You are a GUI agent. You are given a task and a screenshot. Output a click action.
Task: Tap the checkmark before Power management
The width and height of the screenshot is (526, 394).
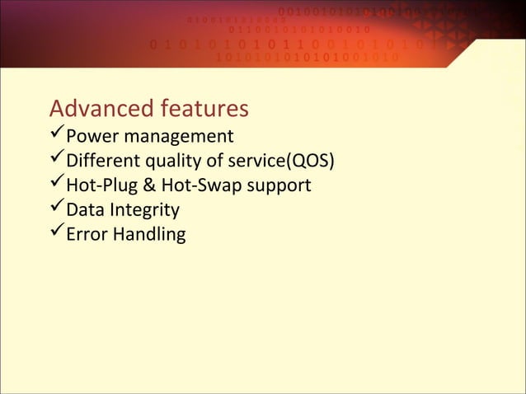tap(56, 134)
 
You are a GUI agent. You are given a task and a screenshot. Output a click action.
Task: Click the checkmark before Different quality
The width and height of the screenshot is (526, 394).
tap(56, 159)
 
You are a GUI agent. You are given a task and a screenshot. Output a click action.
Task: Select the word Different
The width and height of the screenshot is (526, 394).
tap(101, 161)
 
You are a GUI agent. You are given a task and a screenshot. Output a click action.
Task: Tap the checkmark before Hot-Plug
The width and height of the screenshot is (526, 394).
tap(56, 184)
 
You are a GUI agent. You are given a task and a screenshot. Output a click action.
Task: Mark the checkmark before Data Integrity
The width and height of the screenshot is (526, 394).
tap(56, 209)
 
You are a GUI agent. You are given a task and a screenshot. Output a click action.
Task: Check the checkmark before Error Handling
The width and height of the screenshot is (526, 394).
tap(56, 233)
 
